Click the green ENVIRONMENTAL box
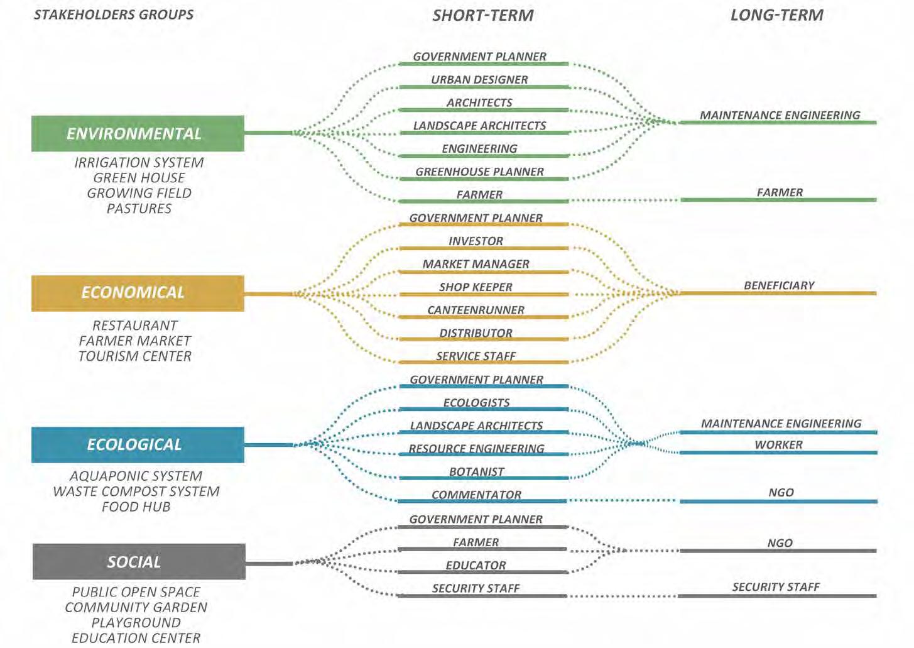click(x=138, y=133)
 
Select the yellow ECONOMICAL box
click(x=138, y=293)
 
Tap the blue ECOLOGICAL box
click(x=138, y=445)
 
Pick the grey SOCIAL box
click(x=138, y=562)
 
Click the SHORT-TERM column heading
click(x=482, y=16)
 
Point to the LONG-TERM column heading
click(x=776, y=16)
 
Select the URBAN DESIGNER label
click(x=479, y=80)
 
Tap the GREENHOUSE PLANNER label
click(x=479, y=172)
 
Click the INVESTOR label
click(x=476, y=241)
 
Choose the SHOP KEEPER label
click(x=476, y=287)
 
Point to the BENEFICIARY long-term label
click(x=779, y=285)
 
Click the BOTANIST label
click(x=476, y=472)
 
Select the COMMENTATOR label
click(x=476, y=495)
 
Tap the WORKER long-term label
click(x=778, y=445)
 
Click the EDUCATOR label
click(x=476, y=566)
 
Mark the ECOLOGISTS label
click(x=476, y=403)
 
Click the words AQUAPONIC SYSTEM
click(x=136, y=476)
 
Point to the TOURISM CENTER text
click(x=135, y=356)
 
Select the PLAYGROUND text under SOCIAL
click(x=136, y=623)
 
